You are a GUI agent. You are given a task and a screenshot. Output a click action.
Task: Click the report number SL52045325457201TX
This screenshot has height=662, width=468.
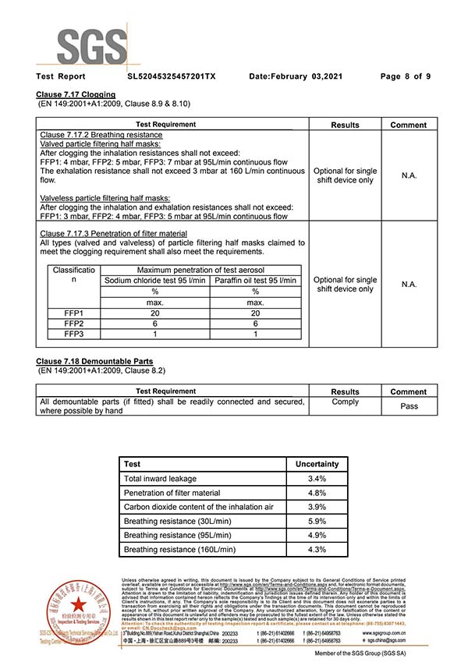[x=171, y=76]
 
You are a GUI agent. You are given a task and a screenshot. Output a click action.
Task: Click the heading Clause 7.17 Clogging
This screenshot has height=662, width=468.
[x=76, y=94]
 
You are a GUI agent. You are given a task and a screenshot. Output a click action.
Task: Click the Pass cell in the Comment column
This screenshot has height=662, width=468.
[x=408, y=406]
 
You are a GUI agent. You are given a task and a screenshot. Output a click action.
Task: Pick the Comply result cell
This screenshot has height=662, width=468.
[x=345, y=402]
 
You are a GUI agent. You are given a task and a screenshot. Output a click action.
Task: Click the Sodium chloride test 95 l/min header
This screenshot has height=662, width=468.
[x=156, y=281]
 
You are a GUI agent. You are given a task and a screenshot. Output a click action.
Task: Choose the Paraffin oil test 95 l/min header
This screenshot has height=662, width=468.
[x=255, y=281]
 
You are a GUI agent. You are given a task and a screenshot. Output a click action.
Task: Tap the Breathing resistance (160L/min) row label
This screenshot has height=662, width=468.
[x=179, y=549]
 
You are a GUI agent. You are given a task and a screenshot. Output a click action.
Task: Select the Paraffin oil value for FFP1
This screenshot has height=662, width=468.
[x=255, y=313]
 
